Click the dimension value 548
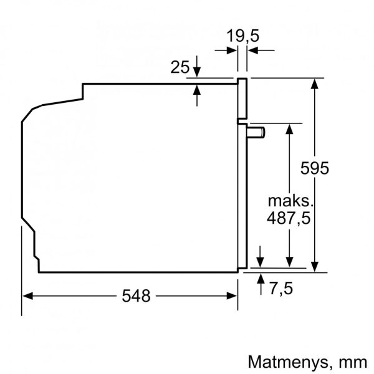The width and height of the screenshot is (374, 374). [x=136, y=296]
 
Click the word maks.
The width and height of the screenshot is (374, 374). [x=289, y=201]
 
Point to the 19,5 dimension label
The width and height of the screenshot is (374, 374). [x=242, y=37]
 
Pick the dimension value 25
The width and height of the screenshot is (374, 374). [x=180, y=67]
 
